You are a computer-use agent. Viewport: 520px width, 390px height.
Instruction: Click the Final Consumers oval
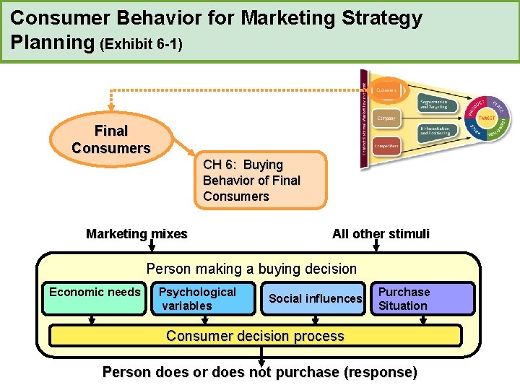(110, 139)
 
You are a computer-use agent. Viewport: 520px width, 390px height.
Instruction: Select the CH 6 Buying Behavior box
(260, 181)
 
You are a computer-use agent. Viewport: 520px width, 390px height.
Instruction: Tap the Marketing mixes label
(136, 233)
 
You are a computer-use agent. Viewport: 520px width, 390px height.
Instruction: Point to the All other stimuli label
(381, 233)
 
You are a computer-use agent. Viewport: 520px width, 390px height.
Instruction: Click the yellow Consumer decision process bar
(254, 336)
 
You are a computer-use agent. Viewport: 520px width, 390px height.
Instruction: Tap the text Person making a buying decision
(251, 269)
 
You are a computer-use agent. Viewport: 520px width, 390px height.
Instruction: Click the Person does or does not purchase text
(260, 373)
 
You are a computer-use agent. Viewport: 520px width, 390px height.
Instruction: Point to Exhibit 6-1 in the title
(142, 45)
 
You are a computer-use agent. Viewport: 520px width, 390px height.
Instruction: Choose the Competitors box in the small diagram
(386, 145)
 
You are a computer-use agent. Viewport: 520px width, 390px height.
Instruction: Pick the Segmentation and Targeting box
(435, 104)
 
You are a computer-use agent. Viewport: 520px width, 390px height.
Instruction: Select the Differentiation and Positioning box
(435, 132)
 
